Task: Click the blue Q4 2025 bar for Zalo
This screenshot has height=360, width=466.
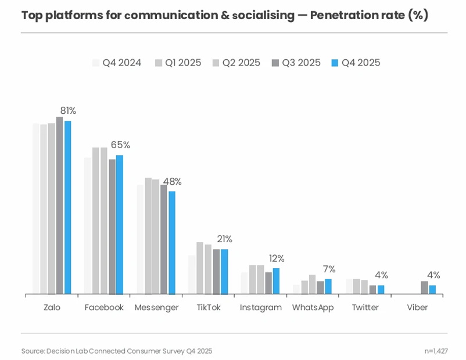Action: coord(67,207)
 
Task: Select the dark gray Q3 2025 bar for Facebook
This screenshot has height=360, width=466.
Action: coord(112,226)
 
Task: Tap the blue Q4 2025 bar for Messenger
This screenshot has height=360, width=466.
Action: coord(171,242)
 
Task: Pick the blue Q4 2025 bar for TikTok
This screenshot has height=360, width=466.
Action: coord(224,271)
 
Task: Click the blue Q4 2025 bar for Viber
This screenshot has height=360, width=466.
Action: coord(432,289)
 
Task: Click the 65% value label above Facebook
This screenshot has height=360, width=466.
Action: coord(120,145)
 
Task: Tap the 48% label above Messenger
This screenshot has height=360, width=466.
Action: coord(172,181)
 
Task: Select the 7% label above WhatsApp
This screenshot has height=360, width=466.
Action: coord(329,269)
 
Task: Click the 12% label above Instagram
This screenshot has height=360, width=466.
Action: coord(277,258)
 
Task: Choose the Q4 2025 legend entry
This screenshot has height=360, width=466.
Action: coord(355,63)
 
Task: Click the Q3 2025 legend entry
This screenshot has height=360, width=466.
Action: coord(296,63)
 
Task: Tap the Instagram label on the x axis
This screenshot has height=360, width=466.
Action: coord(260,307)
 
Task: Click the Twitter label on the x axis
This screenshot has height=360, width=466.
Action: coord(365,307)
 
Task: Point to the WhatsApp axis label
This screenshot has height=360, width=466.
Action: coord(313,307)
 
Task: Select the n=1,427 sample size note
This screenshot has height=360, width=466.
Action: coord(436,351)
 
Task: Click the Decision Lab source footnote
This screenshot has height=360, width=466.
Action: coord(117,351)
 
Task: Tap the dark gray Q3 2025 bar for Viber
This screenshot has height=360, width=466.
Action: coord(424,287)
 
